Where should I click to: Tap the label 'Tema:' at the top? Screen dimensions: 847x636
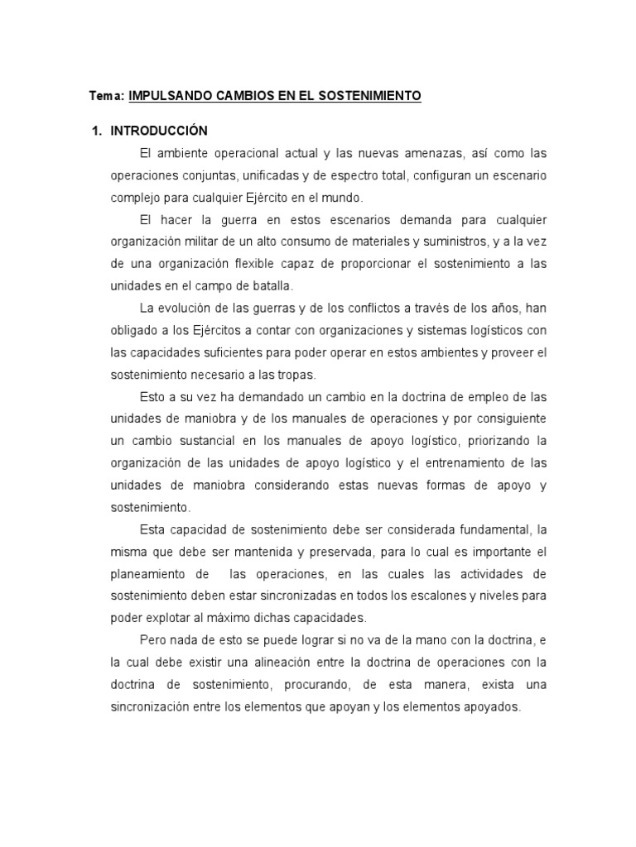click(x=106, y=96)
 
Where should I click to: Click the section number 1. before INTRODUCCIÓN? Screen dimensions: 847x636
click(x=96, y=131)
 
